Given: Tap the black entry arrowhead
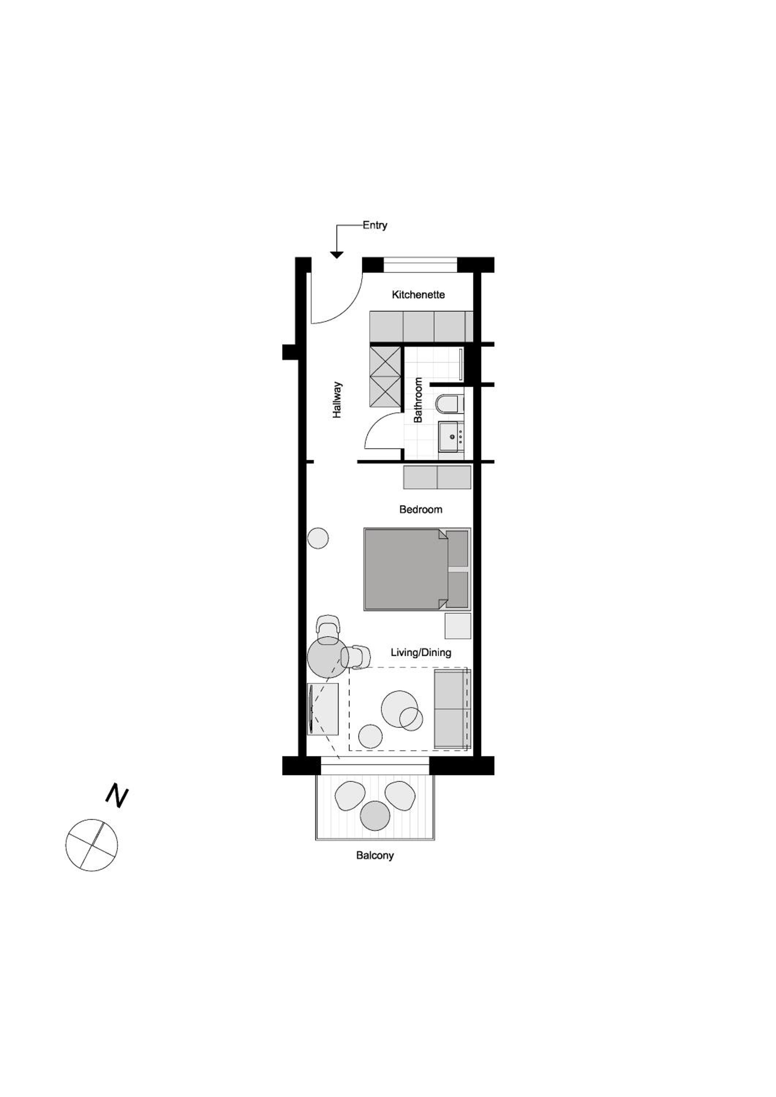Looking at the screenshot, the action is [337, 255].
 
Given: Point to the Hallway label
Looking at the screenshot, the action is [337, 400].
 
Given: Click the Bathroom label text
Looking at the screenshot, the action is [418, 400].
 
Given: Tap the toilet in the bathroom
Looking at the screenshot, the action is [450, 404].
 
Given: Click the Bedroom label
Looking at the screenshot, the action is [421, 509].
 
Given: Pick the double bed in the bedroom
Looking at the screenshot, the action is [417, 569].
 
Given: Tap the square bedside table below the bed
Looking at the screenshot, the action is [458, 626].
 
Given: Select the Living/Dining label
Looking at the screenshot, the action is [421, 652].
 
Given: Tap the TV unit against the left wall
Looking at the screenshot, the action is [323, 709].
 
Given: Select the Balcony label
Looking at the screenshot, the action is [375, 856].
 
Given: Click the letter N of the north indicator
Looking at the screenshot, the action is [117, 796].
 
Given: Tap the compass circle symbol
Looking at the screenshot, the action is [91, 845].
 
